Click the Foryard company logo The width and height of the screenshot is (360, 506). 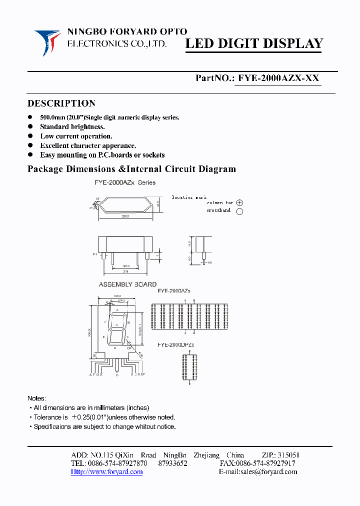tap(47, 42)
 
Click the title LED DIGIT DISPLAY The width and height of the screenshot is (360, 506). tap(254, 44)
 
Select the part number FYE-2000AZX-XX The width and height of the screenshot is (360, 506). tap(278, 78)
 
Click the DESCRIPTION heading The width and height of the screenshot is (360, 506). tap(61, 103)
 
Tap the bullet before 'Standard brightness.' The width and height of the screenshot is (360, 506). tap(30, 127)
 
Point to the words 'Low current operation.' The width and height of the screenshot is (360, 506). tap(76, 136)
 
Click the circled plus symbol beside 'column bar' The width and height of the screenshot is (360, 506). tap(239, 203)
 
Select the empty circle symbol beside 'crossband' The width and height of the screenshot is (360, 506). tap(239, 211)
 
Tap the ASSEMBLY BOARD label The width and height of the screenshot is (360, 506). tap(127, 284)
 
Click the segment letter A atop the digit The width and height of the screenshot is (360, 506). tap(117, 310)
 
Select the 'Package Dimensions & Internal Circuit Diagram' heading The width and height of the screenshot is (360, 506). tap(131, 169)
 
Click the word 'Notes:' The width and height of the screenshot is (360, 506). tap(36, 398)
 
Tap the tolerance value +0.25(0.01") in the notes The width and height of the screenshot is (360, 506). tap(94, 417)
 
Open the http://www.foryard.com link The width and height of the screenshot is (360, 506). tap(106, 471)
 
